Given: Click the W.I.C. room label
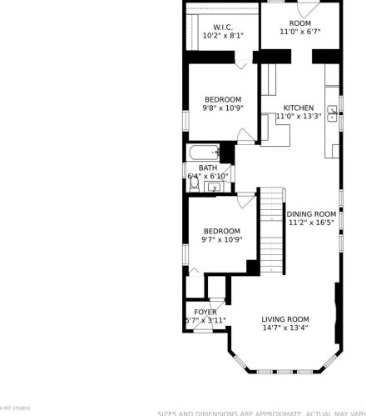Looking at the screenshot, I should (222, 26).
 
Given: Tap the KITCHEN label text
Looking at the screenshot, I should (299, 108).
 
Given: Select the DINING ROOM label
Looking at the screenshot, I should (312, 213).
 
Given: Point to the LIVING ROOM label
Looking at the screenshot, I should (284, 318).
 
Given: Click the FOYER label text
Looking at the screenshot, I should (205, 312).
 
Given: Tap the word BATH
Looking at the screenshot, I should (208, 168).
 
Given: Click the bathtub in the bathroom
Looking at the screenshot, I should (202, 153).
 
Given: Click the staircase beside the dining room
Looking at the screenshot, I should (272, 225).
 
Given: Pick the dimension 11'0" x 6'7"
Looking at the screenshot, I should (299, 32).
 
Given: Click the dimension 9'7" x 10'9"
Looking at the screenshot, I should (221, 240).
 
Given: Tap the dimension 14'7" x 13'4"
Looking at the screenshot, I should (284, 328).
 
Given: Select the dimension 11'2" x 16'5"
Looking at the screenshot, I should (312, 223).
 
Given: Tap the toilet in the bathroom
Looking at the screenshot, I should (194, 186).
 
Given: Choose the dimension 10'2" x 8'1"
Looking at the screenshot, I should (222, 36).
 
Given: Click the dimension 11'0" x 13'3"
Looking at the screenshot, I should (299, 118).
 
